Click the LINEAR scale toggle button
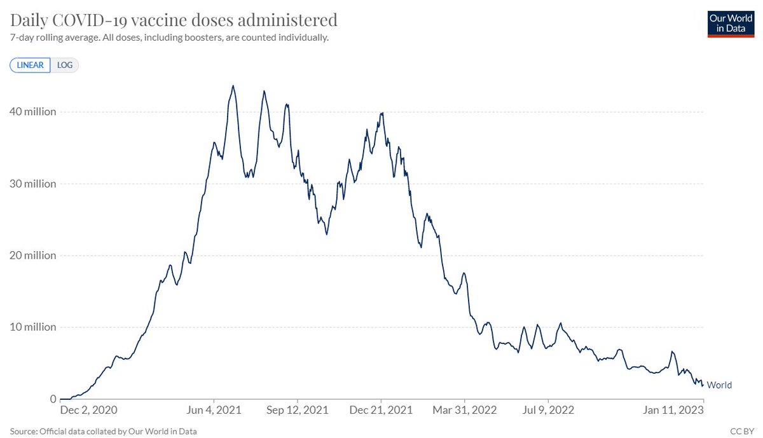(30, 65)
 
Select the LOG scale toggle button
(65, 65)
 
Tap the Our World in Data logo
(731, 24)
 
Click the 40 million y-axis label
(32, 112)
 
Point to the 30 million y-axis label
(32, 184)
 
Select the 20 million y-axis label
(32, 256)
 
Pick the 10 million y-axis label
(32, 327)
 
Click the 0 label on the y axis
(53, 399)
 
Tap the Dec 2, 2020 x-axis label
(88, 410)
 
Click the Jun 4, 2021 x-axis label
(214, 410)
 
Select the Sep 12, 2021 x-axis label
(298, 410)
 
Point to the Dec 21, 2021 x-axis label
(381, 410)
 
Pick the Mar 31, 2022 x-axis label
(465, 410)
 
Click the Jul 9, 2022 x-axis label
(548, 410)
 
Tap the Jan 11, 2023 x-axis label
(673, 410)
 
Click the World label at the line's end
(719, 385)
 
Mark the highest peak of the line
(233, 86)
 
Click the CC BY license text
(742, 431)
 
